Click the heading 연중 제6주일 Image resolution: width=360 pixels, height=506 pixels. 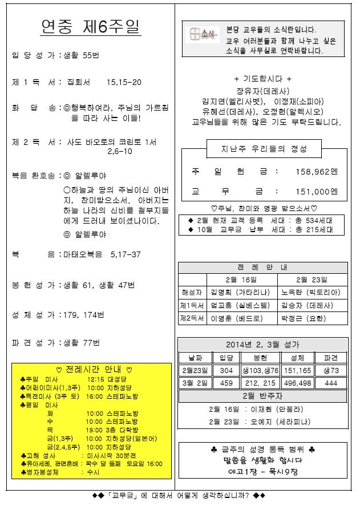(91, 27)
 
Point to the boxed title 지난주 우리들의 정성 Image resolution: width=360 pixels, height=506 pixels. (264, 149)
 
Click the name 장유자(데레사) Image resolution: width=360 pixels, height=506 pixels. (262, 91)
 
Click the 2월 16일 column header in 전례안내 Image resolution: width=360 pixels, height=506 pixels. (241, 280)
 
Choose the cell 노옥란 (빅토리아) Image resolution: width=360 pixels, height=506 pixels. (311, 293)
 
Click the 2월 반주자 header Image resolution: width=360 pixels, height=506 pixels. (262, 396)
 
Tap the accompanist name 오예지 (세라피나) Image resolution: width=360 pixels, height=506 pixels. (277, 422)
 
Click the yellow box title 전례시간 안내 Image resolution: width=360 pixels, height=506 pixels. (91, 370)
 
